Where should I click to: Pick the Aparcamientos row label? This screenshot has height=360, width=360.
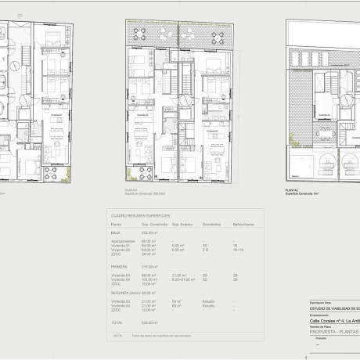pos(123,241)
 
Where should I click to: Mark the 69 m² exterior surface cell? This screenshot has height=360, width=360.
pos(177,304)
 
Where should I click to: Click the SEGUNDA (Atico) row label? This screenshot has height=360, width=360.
pos(128,292)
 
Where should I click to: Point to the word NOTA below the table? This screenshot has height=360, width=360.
pos(117,334)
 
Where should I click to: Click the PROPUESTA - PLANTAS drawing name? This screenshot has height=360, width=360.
pos(333,332)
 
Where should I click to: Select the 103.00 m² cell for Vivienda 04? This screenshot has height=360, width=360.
pos(148,279)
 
